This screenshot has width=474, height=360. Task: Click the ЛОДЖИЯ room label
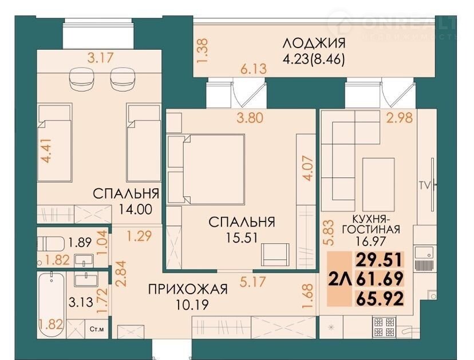click(314, 43)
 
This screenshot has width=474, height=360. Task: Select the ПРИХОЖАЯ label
click(188, 289)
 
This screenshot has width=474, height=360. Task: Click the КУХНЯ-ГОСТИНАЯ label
click(371, 224)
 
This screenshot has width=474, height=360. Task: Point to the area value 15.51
click(242, 238)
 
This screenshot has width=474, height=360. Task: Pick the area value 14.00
click(135, 209)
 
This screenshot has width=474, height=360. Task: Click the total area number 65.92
click(380, 298)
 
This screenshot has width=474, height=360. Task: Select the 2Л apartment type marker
click(340, 279)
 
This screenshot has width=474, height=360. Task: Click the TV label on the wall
click(424, 185)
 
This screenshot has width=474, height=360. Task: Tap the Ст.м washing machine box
click(97, 329)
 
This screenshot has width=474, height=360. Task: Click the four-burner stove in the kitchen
click(385, 327)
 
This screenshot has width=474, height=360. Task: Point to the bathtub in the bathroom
click(52, 304)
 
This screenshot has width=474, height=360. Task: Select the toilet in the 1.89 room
click(51, 244)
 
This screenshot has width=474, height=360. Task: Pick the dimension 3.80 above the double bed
click(250, 118)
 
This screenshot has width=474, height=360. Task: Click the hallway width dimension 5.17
click(252, 282)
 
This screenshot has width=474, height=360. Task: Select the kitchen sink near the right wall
click(424, 253)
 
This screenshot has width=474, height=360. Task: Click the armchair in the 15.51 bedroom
click(275, 255)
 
